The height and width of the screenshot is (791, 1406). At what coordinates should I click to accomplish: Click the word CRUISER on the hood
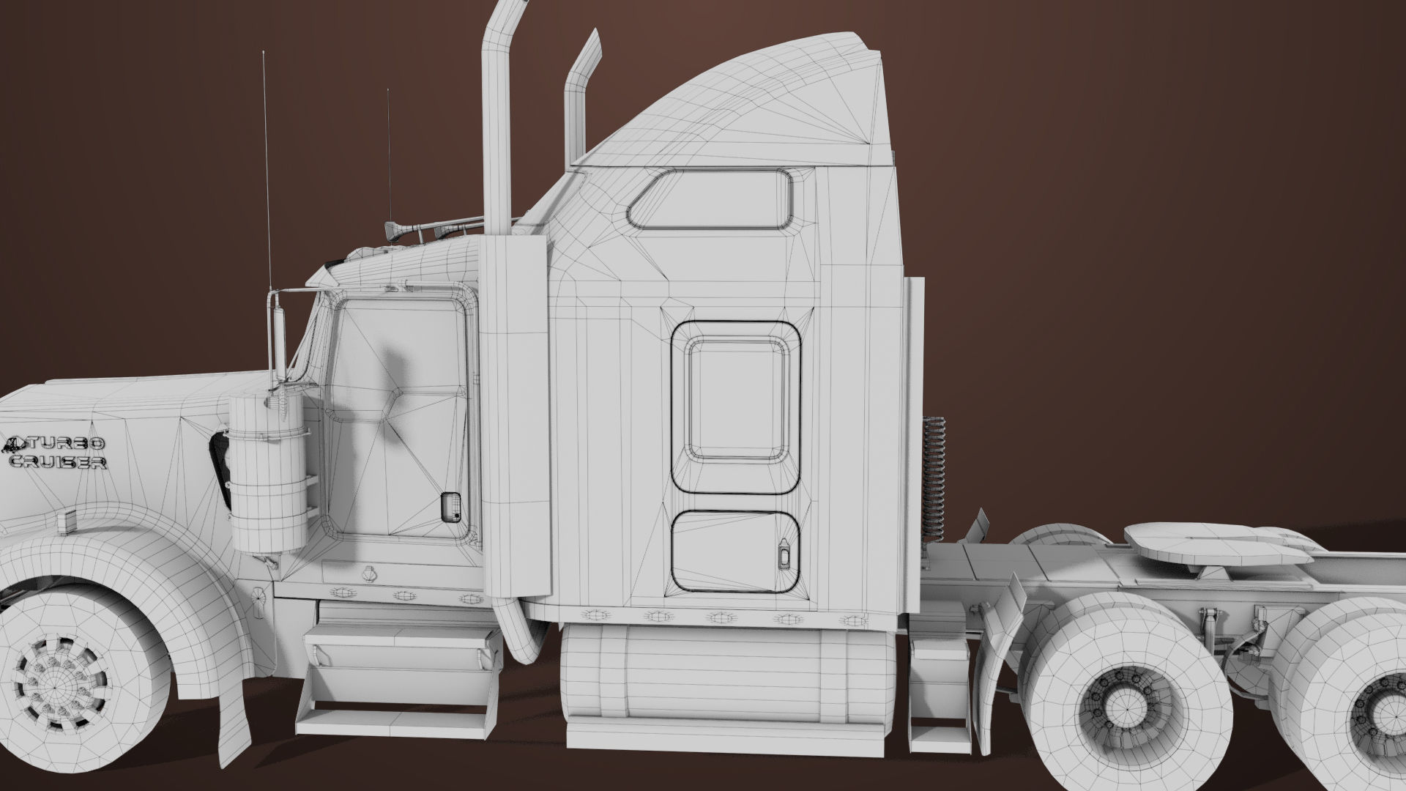coord(59,462)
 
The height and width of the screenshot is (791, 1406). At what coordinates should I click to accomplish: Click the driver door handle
coord(450,506)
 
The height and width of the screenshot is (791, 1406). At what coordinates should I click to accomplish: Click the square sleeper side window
coord(736,399)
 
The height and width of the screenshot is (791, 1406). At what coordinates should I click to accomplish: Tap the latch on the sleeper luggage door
coord(784,554)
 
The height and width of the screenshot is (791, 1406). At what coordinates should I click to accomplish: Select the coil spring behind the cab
coord(935,476)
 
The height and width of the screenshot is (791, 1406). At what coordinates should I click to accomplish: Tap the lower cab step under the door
coord(395,715)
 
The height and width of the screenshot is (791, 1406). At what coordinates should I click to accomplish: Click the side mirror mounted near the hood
coord(279,333)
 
